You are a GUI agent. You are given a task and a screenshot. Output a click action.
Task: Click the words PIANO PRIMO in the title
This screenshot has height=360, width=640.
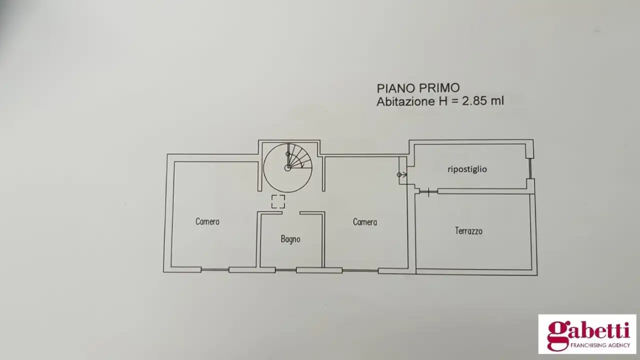tap(418, 88)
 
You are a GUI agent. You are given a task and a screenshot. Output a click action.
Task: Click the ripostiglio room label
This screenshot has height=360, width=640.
tap(467, 169)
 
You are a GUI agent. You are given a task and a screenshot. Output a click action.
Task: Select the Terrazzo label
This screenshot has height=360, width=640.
tap(469, 231)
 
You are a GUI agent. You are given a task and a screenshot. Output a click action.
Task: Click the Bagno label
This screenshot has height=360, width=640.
tap(290, 239)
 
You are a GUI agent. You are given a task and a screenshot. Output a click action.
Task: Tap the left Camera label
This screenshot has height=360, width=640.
tap(207, 221)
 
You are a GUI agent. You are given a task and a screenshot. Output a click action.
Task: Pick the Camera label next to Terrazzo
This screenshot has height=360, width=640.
tap(365, 222)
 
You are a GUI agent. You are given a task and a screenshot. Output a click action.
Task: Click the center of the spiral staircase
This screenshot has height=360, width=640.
tap(288, 167)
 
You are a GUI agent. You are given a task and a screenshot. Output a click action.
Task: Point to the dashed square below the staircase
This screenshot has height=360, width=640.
tap(278, 201)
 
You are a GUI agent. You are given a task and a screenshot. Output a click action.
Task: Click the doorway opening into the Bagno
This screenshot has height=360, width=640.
tap(291, 212)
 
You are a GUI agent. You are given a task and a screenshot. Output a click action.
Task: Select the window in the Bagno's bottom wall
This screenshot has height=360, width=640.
tap(286, 270)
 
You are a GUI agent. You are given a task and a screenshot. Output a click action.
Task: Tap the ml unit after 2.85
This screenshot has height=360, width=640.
tap(497, 101)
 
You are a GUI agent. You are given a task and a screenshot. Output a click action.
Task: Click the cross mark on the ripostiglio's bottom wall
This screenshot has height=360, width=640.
tap(429, 190)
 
